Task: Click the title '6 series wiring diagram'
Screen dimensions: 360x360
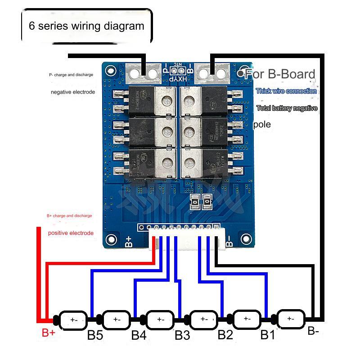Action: click(x=86, y=26)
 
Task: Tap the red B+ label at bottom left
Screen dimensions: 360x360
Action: click(x=48, y=333)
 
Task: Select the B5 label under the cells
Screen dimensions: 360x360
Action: click(x=96, y=335)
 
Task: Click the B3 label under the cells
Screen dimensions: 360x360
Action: click(x=182, y=335)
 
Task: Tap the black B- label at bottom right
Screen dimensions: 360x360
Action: click(x=314, y=331)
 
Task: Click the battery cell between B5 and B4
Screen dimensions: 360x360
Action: click(x=116, y=319)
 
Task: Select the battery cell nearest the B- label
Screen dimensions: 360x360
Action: click(x=290, y=319)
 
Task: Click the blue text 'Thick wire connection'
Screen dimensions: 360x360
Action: click(x=286, y=91)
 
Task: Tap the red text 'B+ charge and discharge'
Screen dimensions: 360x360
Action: click(x=69, y=216)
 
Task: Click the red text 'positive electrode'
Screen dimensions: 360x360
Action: click(x=71, y=233)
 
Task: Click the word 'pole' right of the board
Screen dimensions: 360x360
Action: click(x=262, y=125)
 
